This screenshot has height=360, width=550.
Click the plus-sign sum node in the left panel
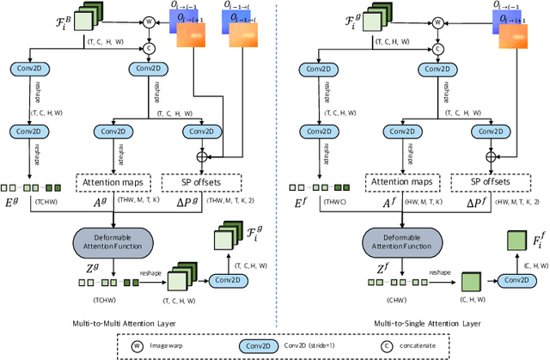pos(203,156)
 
